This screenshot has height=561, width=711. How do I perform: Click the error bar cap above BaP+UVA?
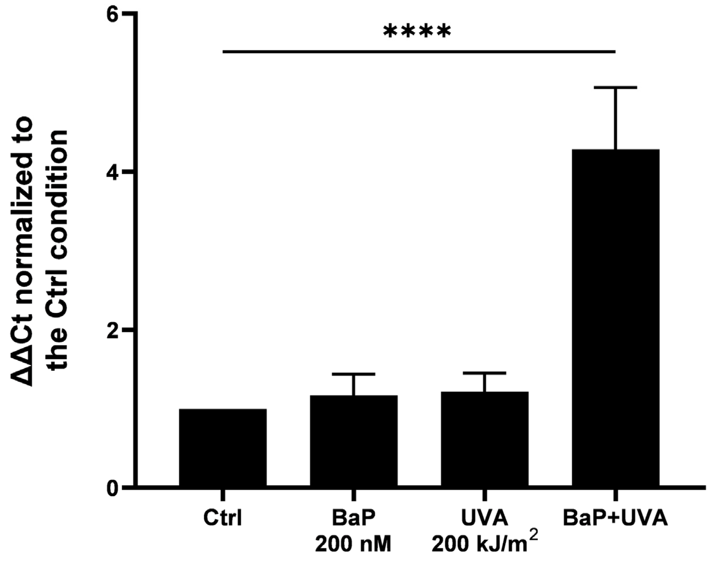(x=616, y=88)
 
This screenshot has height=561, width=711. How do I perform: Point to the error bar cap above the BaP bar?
(x=354, y=374)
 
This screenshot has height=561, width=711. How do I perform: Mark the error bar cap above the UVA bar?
(x=484, y=373)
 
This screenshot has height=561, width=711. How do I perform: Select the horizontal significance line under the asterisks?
(x=418, y=52)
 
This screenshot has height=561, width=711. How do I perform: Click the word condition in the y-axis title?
(x=59, y=190)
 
